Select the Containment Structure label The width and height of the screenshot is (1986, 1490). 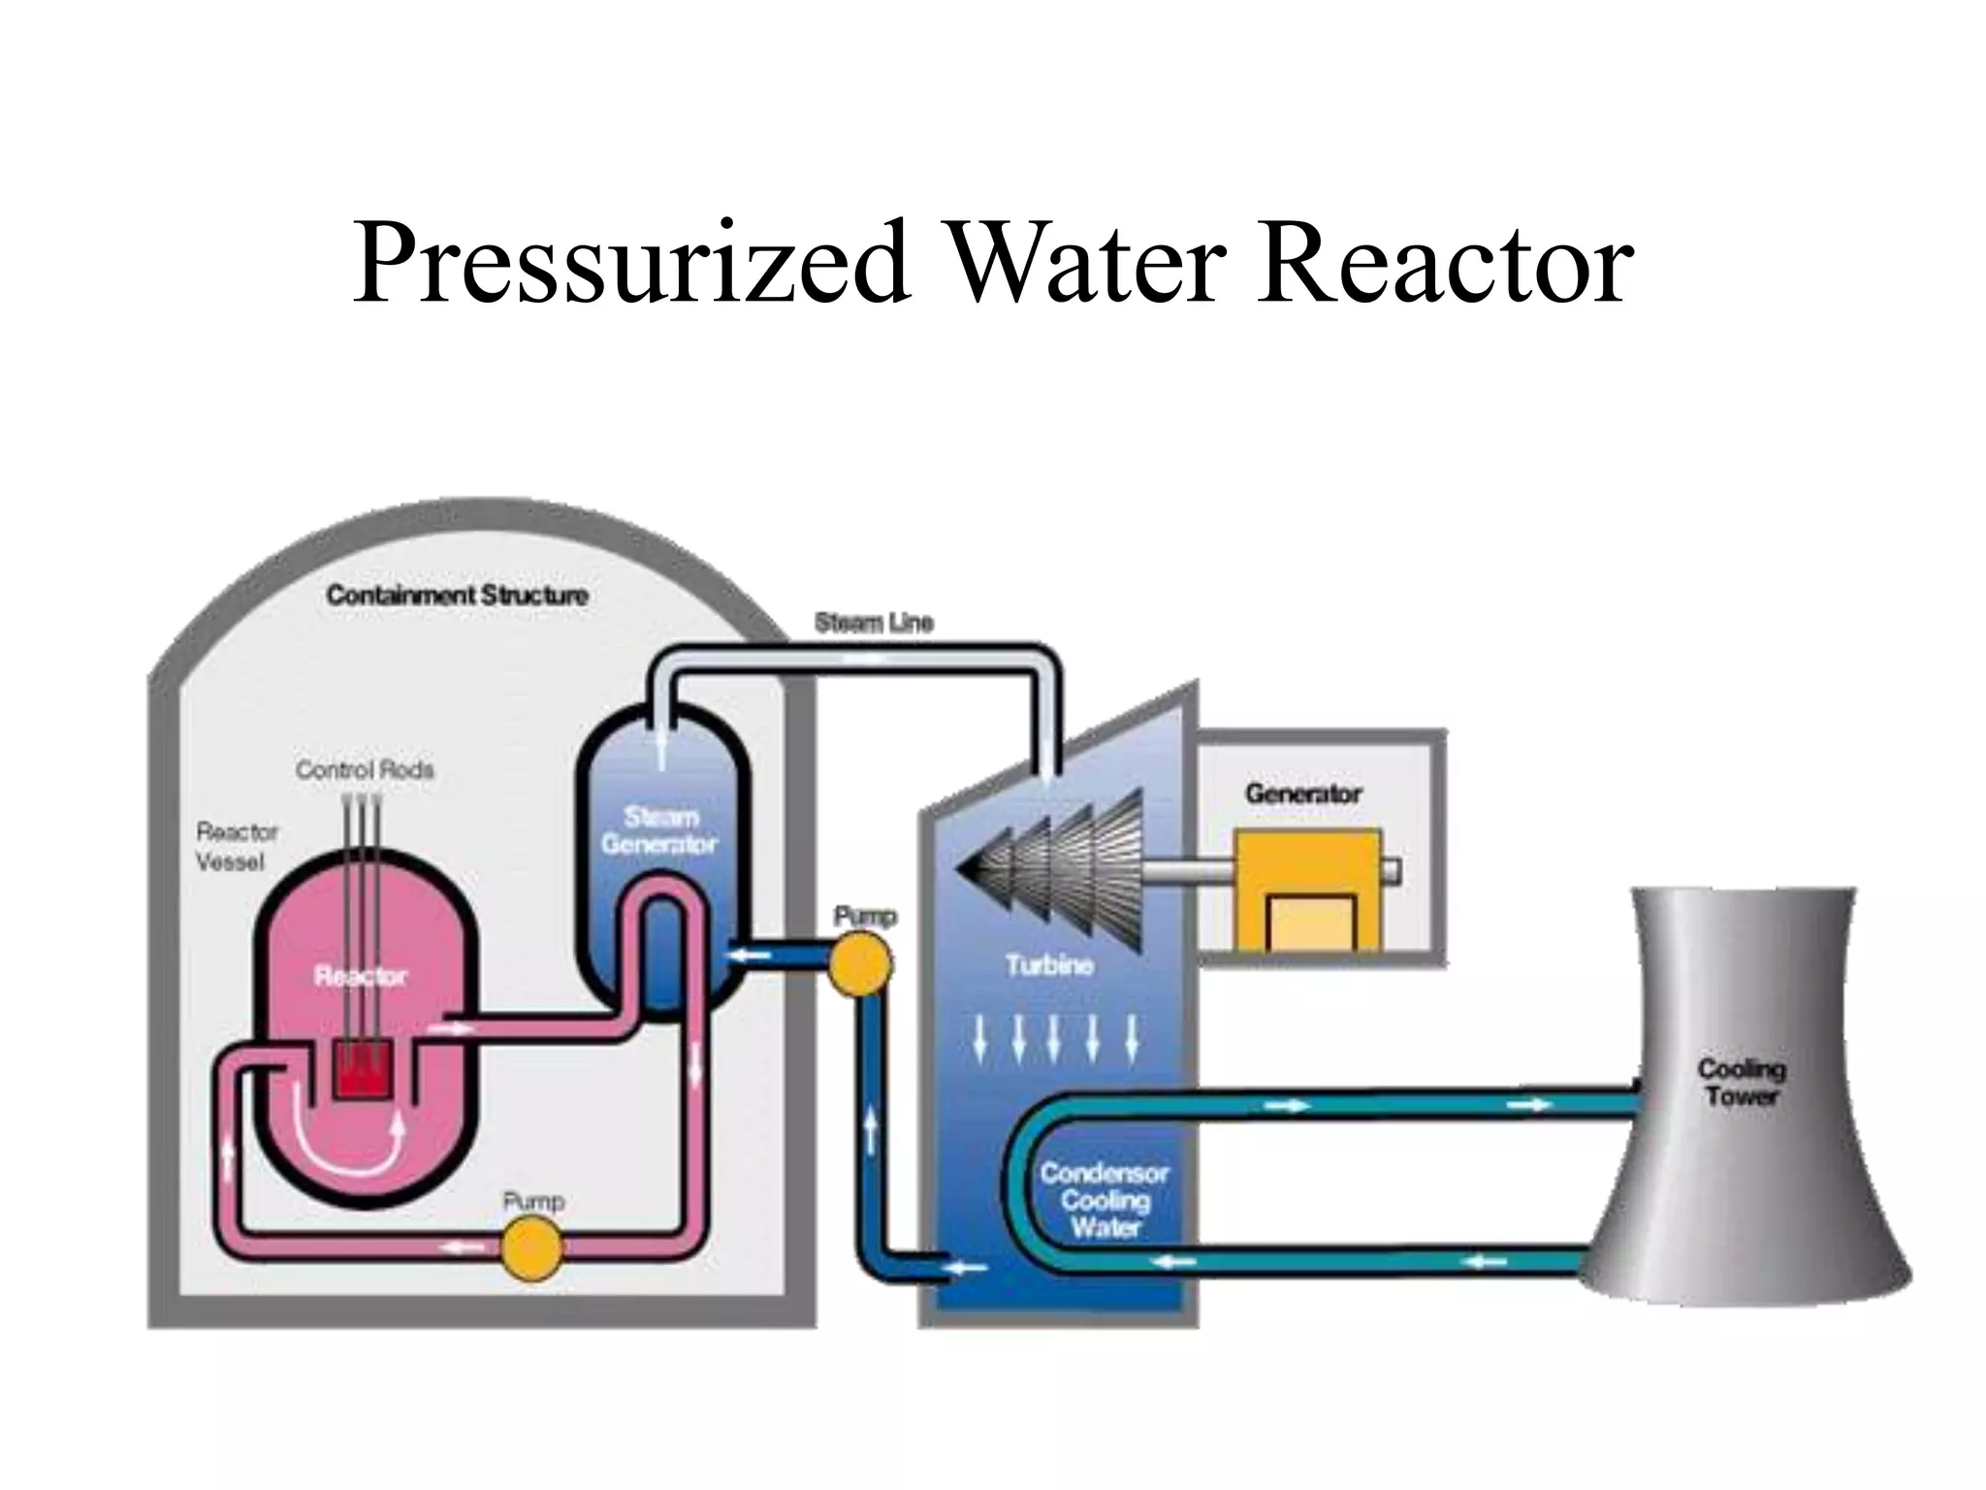click(x=457, y=595)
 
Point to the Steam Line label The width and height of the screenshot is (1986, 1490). click(x=874, y=623)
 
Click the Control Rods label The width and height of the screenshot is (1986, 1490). click(x=365, y=770)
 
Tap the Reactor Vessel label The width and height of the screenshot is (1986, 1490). click(x=236, y=847)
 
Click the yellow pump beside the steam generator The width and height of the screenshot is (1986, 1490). click(x=860, y=963)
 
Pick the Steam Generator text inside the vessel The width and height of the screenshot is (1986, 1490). click(x=659, y=830)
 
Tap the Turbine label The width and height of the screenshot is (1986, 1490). click(x=1049, y=965)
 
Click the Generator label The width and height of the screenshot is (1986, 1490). click(x=1303, y=794)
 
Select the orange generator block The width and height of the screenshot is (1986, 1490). click(x=1306, y=889)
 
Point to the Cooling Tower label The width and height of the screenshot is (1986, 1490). click(x=1742, y=1083)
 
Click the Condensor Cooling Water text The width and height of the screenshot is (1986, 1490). click(x=1105, y=1200)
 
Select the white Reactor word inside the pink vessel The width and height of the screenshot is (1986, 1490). click(x=361, y=977)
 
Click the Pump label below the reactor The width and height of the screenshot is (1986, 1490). click(x=533, y=1202)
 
